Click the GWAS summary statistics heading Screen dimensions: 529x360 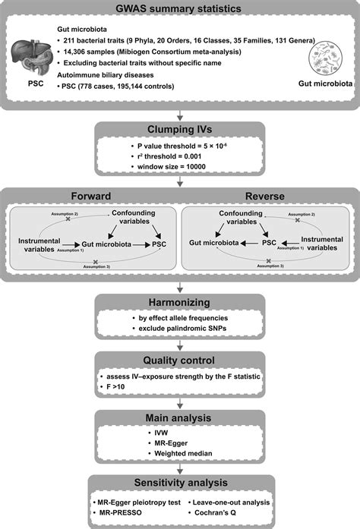(x=180, y=9)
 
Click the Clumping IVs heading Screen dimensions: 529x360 (x=180, y=127)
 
